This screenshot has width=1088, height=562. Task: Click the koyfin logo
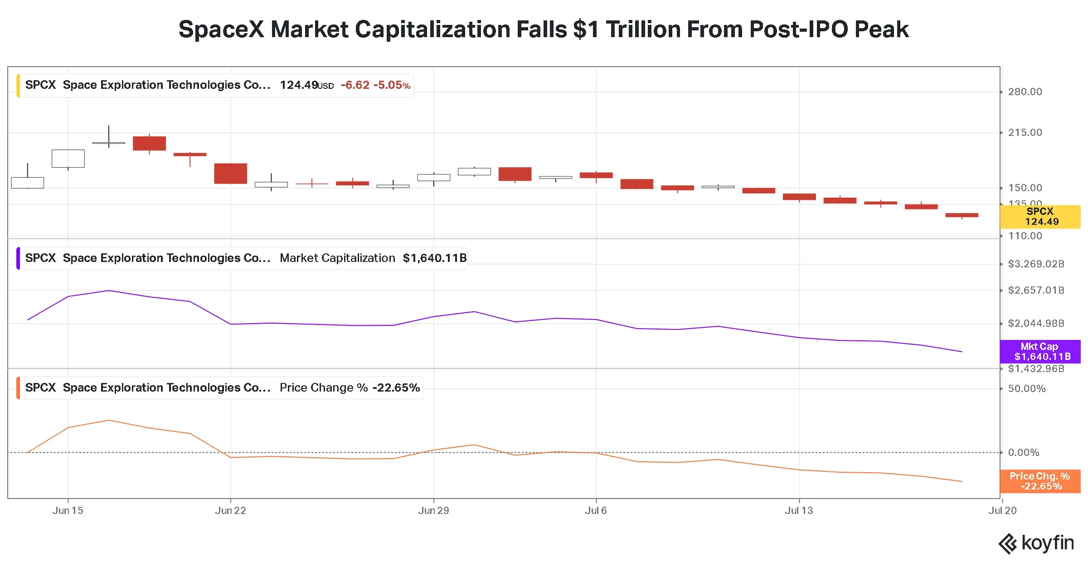(x=1036, y=543)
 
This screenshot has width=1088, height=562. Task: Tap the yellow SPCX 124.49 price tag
(x=1040, y=217)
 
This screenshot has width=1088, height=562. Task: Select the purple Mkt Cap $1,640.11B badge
(x=1040, y=352)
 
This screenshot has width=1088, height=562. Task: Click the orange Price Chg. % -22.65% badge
(x=1040, y=481)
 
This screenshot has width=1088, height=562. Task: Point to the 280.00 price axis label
(x=1025, y=92)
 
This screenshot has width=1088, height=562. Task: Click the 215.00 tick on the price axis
(x=1025, y=133)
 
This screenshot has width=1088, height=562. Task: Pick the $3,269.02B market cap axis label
(x=1036, y=264)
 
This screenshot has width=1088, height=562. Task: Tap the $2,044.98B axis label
(x=1036, y=324)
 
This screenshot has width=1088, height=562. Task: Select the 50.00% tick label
(x=1027, y=389)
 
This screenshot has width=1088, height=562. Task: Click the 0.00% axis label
(x=1024, y=453)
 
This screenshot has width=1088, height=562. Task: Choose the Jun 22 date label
(x=230, y=511)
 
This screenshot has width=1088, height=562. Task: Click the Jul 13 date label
(x=799, y=511)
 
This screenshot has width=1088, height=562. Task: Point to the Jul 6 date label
(x=596, y=511)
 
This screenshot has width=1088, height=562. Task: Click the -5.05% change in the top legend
(x=392, y=85)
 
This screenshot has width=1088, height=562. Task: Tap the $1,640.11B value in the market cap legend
(x=435, y=258)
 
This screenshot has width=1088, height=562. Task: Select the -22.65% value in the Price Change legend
(x=396, y=388)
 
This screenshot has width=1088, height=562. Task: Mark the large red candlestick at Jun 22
(x=231, y=174)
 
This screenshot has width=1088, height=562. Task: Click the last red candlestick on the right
(x=962, y=215)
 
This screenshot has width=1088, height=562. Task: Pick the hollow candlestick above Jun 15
(x=68, y=159)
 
